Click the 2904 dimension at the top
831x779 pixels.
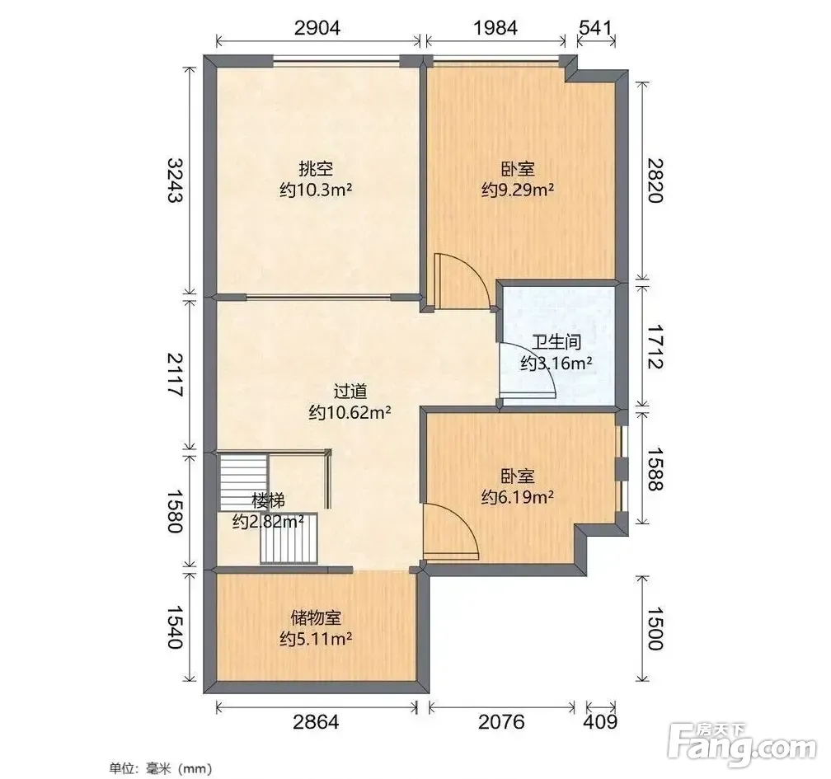pyautogui.click(x=317, y=27)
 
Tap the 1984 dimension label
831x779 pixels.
pyautogui.click(x=495, y=27)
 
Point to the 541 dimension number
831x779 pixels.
pyautogui.click(x=596, y=27)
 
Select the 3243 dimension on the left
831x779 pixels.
pyautogui.click(x=175, y=180)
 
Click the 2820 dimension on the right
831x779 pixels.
pyautogui.click(x=655, y=181)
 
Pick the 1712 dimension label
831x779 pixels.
pyautogui.click(x=655, y=347)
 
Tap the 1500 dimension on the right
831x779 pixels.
pyautogui.click(x=655, y=628)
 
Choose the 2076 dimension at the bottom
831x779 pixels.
pyautogui.click(x=501, y=722)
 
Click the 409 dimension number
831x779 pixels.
pyautogui.click(x=600, y=722)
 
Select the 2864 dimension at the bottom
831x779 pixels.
pyautogui.click(x=316, y=722)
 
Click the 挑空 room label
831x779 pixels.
pyautogui.click(x=316, y=169)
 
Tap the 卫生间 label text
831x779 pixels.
pyautogui.click(x=556, y=342)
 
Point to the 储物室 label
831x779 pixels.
pyautogui.click(x=316, y=618)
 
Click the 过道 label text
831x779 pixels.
pyautogui.click(x=350, y=392)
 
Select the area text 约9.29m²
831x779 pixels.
pyautogui.click(x=518, y=190)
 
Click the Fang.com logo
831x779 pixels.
pyautogui.click(x=742, y=745)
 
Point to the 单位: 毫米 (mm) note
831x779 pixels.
pyautogui.click(x=161, y=768)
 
